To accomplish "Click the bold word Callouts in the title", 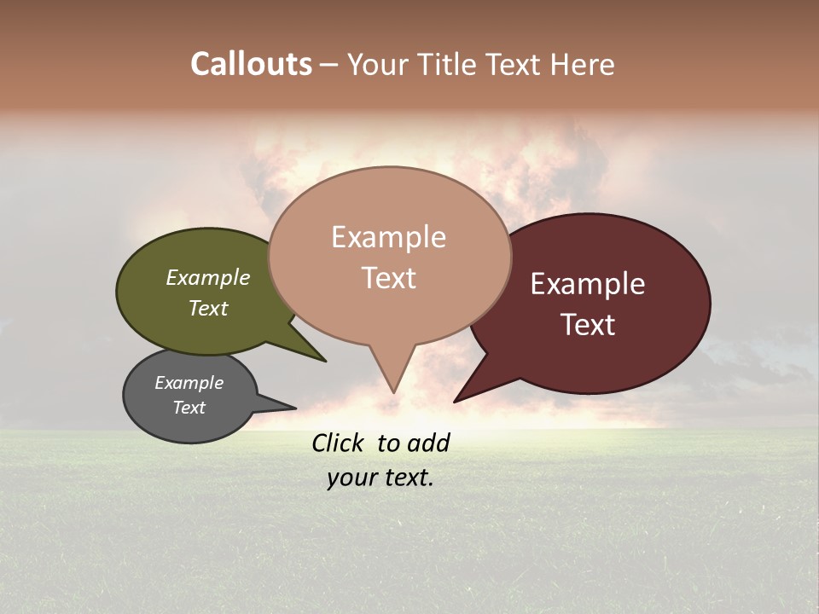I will click(x=251, y=64).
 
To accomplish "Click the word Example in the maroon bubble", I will click(x=588, y=284).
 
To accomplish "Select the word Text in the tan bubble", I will click(x=389, y=278).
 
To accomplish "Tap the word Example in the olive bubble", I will click(x=208, y=278).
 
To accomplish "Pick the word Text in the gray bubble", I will click(x=189, y=408).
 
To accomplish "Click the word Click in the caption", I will click(x=338, y=443).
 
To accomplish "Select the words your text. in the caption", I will click(x=380, y=478).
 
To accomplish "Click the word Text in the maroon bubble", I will click(x=588, y=325).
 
